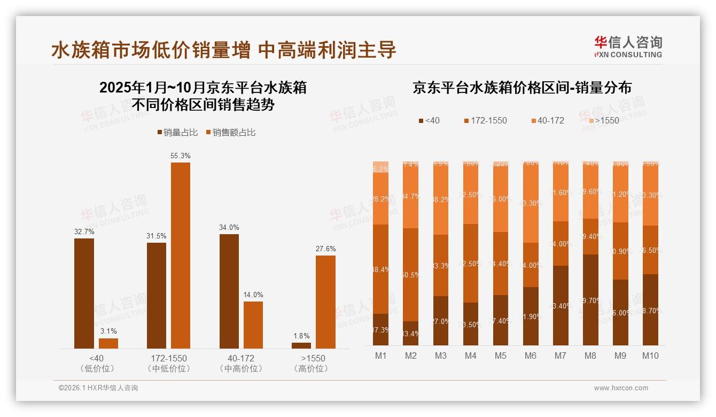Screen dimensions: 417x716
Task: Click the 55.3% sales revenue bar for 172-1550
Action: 181,256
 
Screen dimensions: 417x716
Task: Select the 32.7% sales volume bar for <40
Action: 84,294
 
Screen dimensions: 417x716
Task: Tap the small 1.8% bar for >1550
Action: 301,345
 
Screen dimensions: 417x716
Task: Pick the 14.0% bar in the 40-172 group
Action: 253,325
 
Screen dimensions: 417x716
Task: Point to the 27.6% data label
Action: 325,249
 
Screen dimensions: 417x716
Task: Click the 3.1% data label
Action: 108,331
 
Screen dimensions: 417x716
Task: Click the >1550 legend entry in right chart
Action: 602,120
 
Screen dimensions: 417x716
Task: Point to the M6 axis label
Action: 531,356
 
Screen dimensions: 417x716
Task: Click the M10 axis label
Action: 650,356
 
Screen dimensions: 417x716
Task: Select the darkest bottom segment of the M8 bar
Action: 590,300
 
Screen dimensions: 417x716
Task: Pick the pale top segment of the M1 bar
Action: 381,167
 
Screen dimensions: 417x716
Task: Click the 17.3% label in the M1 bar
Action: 381,330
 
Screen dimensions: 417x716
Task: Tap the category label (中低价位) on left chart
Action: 168,368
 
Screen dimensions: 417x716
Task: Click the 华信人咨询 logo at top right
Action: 628,47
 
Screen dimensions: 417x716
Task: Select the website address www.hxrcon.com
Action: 620,388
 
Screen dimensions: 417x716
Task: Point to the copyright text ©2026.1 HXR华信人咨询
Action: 98,388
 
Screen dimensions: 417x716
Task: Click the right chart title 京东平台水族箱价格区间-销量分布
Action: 522,88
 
